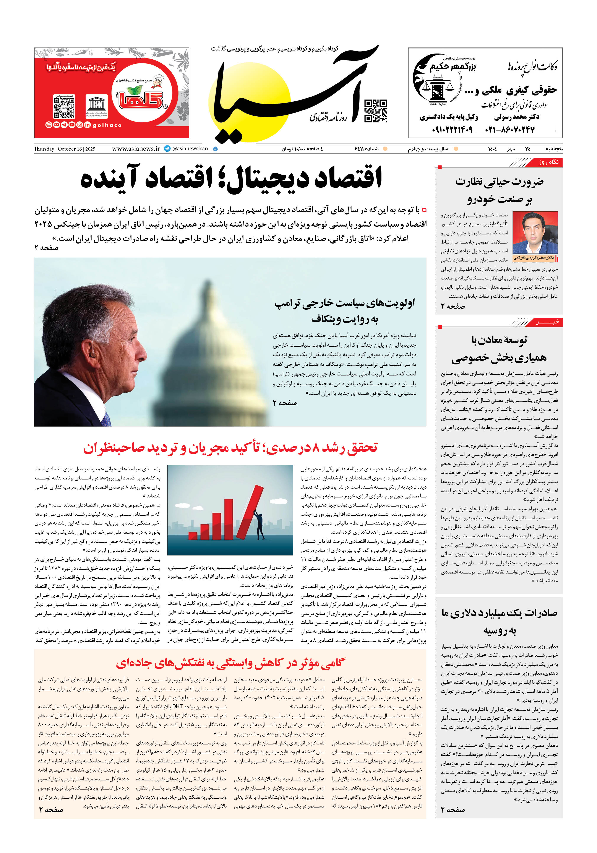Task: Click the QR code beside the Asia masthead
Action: [x=375, y=111]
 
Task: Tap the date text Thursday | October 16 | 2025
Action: [x=64, y=149]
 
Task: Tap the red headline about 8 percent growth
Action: [x=230, y=448]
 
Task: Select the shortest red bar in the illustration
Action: [x=193, y=535]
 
